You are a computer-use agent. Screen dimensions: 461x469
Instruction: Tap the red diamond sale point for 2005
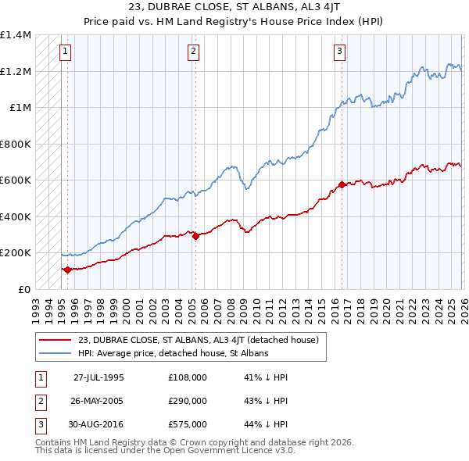195,236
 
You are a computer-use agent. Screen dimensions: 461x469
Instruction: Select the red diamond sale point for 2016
342,185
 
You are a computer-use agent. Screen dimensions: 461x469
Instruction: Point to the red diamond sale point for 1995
67,270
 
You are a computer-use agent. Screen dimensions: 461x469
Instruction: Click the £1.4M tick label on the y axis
16,35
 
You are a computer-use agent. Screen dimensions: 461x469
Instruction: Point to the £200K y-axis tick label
16,253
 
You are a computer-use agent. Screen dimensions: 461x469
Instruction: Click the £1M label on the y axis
20,108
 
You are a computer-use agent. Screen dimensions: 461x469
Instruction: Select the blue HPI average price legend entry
173,353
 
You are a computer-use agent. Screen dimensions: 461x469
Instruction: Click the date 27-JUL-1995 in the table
98,377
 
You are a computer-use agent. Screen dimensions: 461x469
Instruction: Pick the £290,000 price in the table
188,401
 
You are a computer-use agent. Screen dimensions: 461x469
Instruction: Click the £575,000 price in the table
188,425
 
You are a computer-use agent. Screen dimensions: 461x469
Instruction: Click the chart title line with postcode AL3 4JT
234,9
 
